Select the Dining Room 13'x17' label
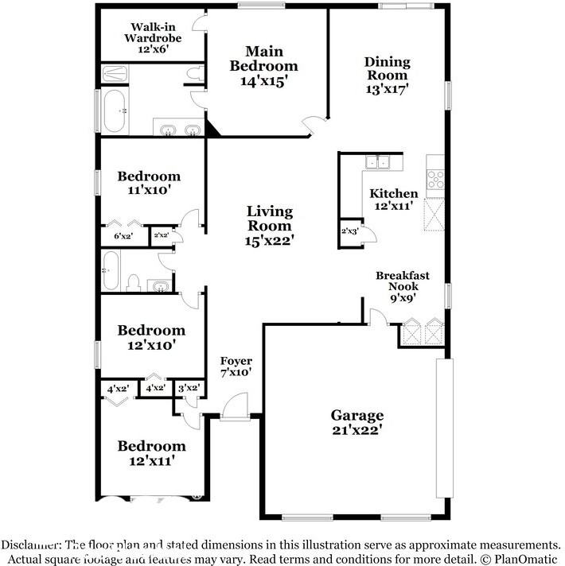click(388, 75)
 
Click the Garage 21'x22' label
click(357, 422)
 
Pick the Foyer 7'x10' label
click(236, 366)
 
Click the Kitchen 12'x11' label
click(394, 200)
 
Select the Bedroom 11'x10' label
click(149, 183)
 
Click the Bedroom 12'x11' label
click(152, 453)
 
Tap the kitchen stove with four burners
click(435, 180)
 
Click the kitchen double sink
click(377, 161)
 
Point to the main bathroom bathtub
click(115, 110)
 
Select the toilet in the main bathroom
click(195, 73)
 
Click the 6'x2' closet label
click(123, 236)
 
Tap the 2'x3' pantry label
click(349, 231)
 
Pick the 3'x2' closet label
click(189, 388)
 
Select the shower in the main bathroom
click(115, 74)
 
